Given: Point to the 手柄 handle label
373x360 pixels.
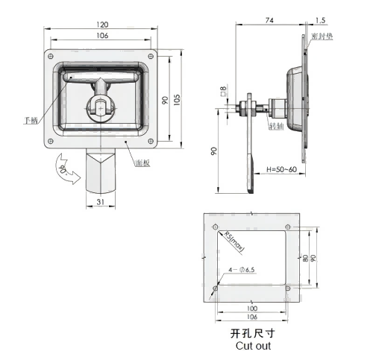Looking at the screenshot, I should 31,119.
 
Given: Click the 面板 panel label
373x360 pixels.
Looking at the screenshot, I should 142,162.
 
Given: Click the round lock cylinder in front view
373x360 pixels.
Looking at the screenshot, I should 100,104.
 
